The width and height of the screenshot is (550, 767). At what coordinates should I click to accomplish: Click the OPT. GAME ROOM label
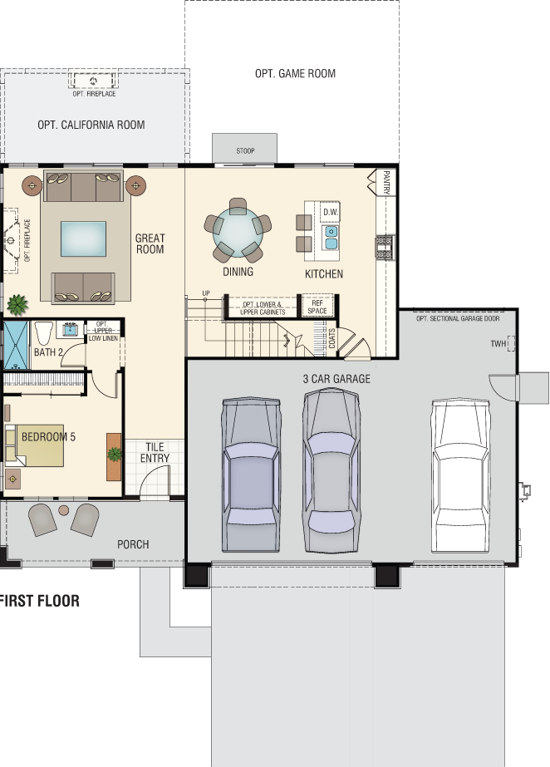coord(295,73)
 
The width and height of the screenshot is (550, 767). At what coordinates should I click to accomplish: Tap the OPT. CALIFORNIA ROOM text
coord(91,125)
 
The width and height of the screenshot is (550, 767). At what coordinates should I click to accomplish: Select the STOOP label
coord(245,150)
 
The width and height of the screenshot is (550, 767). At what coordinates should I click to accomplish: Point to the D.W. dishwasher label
coord(331,212)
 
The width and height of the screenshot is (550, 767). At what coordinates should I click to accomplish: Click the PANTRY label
coord(386,182)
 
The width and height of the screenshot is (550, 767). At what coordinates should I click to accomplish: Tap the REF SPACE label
coord(317,307)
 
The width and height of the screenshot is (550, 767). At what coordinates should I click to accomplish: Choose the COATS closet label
coord(332,338)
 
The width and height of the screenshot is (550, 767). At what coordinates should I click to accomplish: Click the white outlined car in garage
coord(460,475)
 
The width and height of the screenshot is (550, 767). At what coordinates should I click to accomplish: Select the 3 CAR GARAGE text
coord(336,379)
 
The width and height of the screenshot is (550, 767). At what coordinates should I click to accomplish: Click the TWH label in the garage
coord(498,344)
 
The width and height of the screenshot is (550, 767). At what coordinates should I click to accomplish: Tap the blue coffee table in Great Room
coord(84,238)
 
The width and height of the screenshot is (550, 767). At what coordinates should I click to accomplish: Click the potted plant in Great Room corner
coord(17,305)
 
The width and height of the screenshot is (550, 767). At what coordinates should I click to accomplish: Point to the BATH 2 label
coord(48,352)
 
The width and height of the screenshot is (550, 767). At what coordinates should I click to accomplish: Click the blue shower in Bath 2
coord(16,345)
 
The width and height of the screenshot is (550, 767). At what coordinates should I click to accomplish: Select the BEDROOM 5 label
coord(48,437)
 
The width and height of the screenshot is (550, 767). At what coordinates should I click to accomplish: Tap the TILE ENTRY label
coord(155,452)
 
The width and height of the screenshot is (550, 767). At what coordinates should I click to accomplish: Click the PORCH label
coord(133,544)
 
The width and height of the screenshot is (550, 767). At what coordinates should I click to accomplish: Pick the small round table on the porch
coord(63,510)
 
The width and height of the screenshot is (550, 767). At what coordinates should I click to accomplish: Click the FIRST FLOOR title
coord(40,601)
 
